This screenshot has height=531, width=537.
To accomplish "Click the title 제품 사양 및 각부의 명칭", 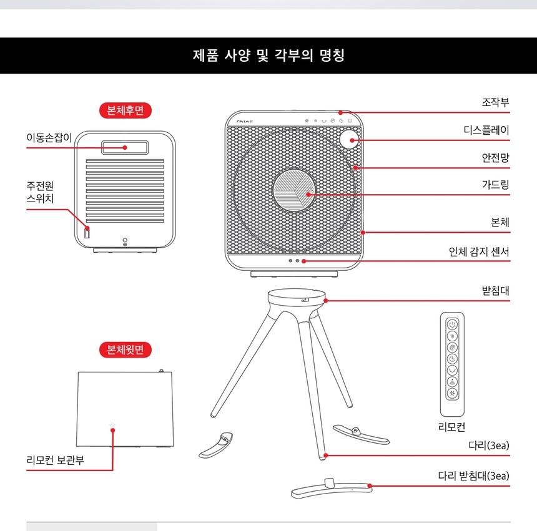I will click(268, 56).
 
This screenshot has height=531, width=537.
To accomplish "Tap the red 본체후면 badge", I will click(126, 110).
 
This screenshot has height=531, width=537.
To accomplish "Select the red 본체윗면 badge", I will click(126, 350).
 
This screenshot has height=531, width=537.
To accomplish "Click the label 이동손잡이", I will click(49, 137).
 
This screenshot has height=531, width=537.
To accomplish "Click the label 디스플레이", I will click(486, 130).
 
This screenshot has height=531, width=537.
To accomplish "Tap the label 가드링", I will click(495, 185).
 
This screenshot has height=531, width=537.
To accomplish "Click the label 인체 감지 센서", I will click(479, 252).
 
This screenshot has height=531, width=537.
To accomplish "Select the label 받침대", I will click(495, 291).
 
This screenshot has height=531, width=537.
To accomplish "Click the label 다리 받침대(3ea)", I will click(473, 476).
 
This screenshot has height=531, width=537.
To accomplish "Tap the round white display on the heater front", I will click(350, 139).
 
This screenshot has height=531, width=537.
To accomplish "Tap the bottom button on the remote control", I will click(453, 393).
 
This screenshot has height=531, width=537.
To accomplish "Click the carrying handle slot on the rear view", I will click(126, 147).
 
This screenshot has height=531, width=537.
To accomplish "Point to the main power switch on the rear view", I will click(87, 234).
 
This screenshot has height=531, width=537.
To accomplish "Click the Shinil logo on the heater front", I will click(244, 120).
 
